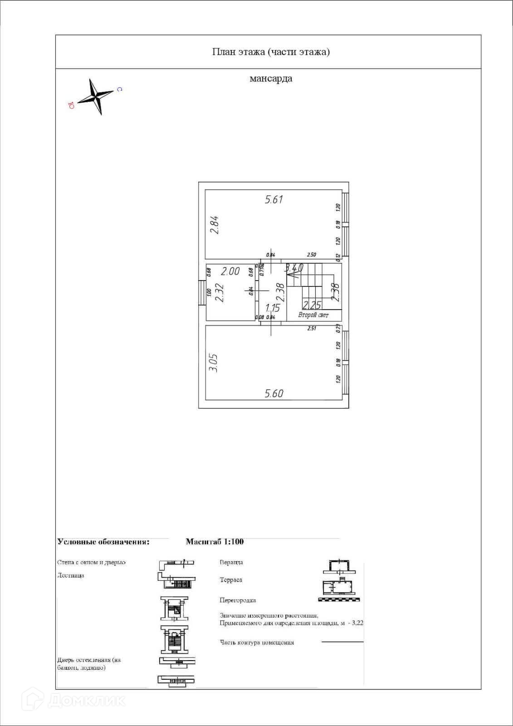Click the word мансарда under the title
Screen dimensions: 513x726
point(271,79)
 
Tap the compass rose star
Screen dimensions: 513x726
point(96,96)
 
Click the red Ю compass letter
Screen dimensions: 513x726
point(71,106)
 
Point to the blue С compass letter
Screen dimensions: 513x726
point(119,89)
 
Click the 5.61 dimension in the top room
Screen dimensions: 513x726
point(274,199)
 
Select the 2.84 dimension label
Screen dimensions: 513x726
point(215,224)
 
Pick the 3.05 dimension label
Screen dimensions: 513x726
point(213,363)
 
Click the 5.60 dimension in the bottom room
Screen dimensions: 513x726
point(274,393)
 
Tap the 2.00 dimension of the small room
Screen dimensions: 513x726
point(230,271)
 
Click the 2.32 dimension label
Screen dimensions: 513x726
point(219,293)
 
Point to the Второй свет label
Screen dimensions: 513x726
point(313,315)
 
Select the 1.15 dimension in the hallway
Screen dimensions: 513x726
point(273,308)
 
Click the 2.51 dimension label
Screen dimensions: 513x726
point(311,328)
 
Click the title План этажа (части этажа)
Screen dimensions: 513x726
point(271,52)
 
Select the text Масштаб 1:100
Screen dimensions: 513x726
point(215,541)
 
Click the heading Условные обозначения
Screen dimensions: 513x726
point(103,541)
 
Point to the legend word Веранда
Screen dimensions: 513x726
point(231,562)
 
